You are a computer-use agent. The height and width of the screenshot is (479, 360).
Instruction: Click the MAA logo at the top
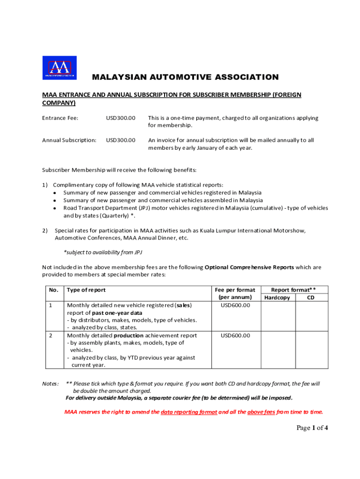(x=58, y=68)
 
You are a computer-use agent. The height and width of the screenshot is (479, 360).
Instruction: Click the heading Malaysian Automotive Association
(x=185, y=77)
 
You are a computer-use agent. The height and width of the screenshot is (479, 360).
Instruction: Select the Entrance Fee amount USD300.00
(x=121, y=118)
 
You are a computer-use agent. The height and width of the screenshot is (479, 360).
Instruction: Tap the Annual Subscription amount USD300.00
(x=121, y=140)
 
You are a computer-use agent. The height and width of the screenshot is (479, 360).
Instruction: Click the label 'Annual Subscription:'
(x=69, y=140)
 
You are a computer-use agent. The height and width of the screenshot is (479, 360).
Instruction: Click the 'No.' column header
(x=54, y=290)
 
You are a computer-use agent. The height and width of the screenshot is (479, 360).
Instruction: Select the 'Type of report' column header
(x=86, y=290)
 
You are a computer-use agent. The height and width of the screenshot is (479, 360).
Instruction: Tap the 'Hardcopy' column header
(x=277, y=298)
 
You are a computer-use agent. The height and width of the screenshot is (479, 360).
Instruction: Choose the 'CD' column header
(x=311, y=298)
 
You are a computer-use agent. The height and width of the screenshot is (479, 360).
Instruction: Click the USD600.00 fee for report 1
(x=235, y=305)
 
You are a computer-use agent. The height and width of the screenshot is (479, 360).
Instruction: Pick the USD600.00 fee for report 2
(x=235, y=335)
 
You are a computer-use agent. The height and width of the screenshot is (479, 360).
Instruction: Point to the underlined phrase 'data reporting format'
(x=189, y=412)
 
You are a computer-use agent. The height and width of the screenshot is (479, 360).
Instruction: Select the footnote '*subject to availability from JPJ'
(x=103, y=252)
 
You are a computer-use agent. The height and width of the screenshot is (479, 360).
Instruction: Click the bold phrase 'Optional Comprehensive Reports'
(x=250, y=267)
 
